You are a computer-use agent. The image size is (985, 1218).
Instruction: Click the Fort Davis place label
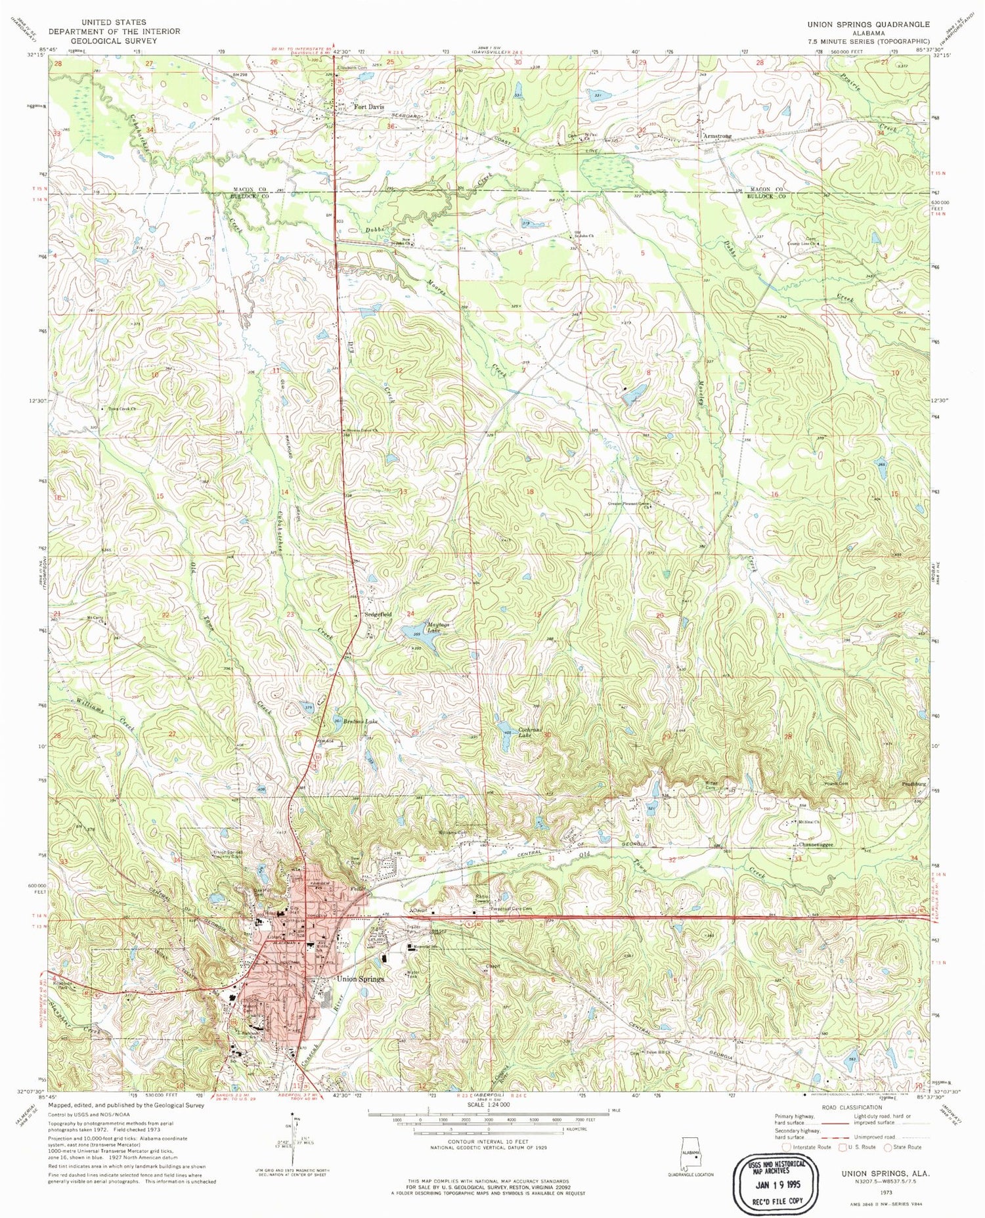pos(369,106)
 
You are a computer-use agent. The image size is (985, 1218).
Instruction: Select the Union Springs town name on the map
pos(360,979)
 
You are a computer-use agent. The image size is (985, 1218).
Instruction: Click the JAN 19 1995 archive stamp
pos(776,1180)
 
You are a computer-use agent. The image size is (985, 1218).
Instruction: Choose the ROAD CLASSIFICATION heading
pos(851,1107)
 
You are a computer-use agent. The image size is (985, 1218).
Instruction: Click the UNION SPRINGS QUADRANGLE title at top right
pos(868,24)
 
